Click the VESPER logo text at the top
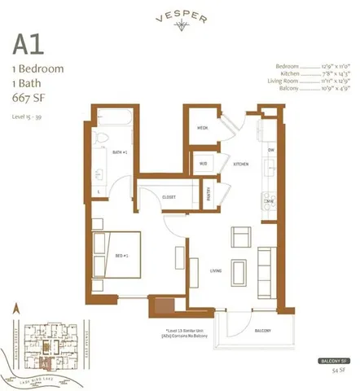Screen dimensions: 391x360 (x=180, y=14)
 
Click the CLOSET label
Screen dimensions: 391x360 (x=169, y=196)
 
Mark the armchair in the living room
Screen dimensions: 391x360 (x=242, y=237)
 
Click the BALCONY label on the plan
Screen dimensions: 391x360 (x=262, y=332)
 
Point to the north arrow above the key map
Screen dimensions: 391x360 (x=15, y=307)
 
